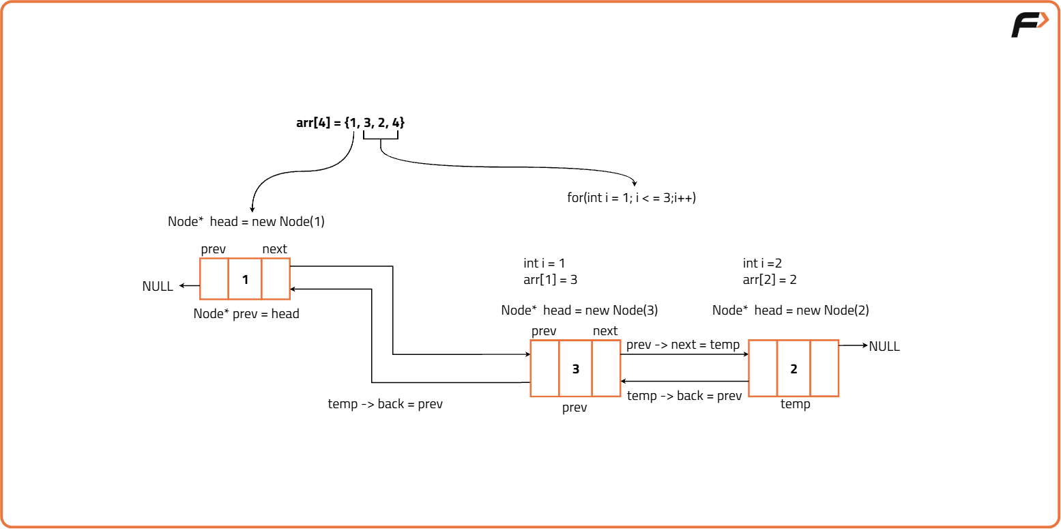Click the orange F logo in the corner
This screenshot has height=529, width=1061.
tap(1029, 25)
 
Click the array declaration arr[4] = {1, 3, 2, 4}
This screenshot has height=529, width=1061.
tap(351, 123)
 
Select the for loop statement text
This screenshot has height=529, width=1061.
tap(631, 199)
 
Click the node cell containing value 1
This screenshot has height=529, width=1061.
tap(245, 279)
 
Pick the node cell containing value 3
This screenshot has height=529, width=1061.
tap(575, 369)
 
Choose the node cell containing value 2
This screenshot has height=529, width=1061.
tap(794, 369)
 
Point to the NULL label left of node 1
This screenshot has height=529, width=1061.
tap(158, 287)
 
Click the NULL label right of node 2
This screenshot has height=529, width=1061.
tap(884, 347)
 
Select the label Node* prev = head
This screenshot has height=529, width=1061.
tap(246, 314)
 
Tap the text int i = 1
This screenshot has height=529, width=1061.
tap(544, 263)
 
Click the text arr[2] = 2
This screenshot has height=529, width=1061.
tap(770, 280)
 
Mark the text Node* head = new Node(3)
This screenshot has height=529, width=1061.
tap(579, 311)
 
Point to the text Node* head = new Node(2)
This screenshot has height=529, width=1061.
tap(790, 311)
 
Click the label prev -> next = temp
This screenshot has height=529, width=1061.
tap(683, 345)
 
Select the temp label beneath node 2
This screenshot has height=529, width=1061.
tap(795, 404)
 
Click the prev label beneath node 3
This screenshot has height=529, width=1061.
tap(575, 408)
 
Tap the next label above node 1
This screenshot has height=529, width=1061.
tap(274, 249)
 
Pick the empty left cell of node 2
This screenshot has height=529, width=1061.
tap(763, 369)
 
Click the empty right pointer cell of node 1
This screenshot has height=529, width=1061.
tap(276, 279)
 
